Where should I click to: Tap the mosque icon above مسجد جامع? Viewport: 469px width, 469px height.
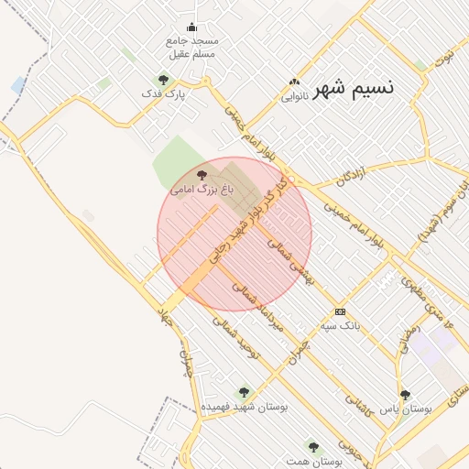coord(191,27)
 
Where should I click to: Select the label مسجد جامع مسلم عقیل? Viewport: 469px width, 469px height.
coord(191,48)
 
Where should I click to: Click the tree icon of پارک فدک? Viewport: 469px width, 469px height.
coord(163,80)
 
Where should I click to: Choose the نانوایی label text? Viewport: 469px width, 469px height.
coord(293,94)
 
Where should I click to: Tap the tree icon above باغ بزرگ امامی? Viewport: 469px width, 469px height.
coord(202,173)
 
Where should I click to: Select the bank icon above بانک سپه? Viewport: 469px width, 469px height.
coord(340,311)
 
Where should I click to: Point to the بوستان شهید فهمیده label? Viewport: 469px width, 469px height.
coord(245,406)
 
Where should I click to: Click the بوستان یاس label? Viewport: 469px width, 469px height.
coord(406,409)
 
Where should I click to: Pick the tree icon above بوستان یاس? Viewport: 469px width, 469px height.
coord(405,395)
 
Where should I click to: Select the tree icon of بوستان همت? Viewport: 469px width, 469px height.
coord(313,447)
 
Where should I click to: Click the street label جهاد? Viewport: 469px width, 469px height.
coord(166,317)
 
